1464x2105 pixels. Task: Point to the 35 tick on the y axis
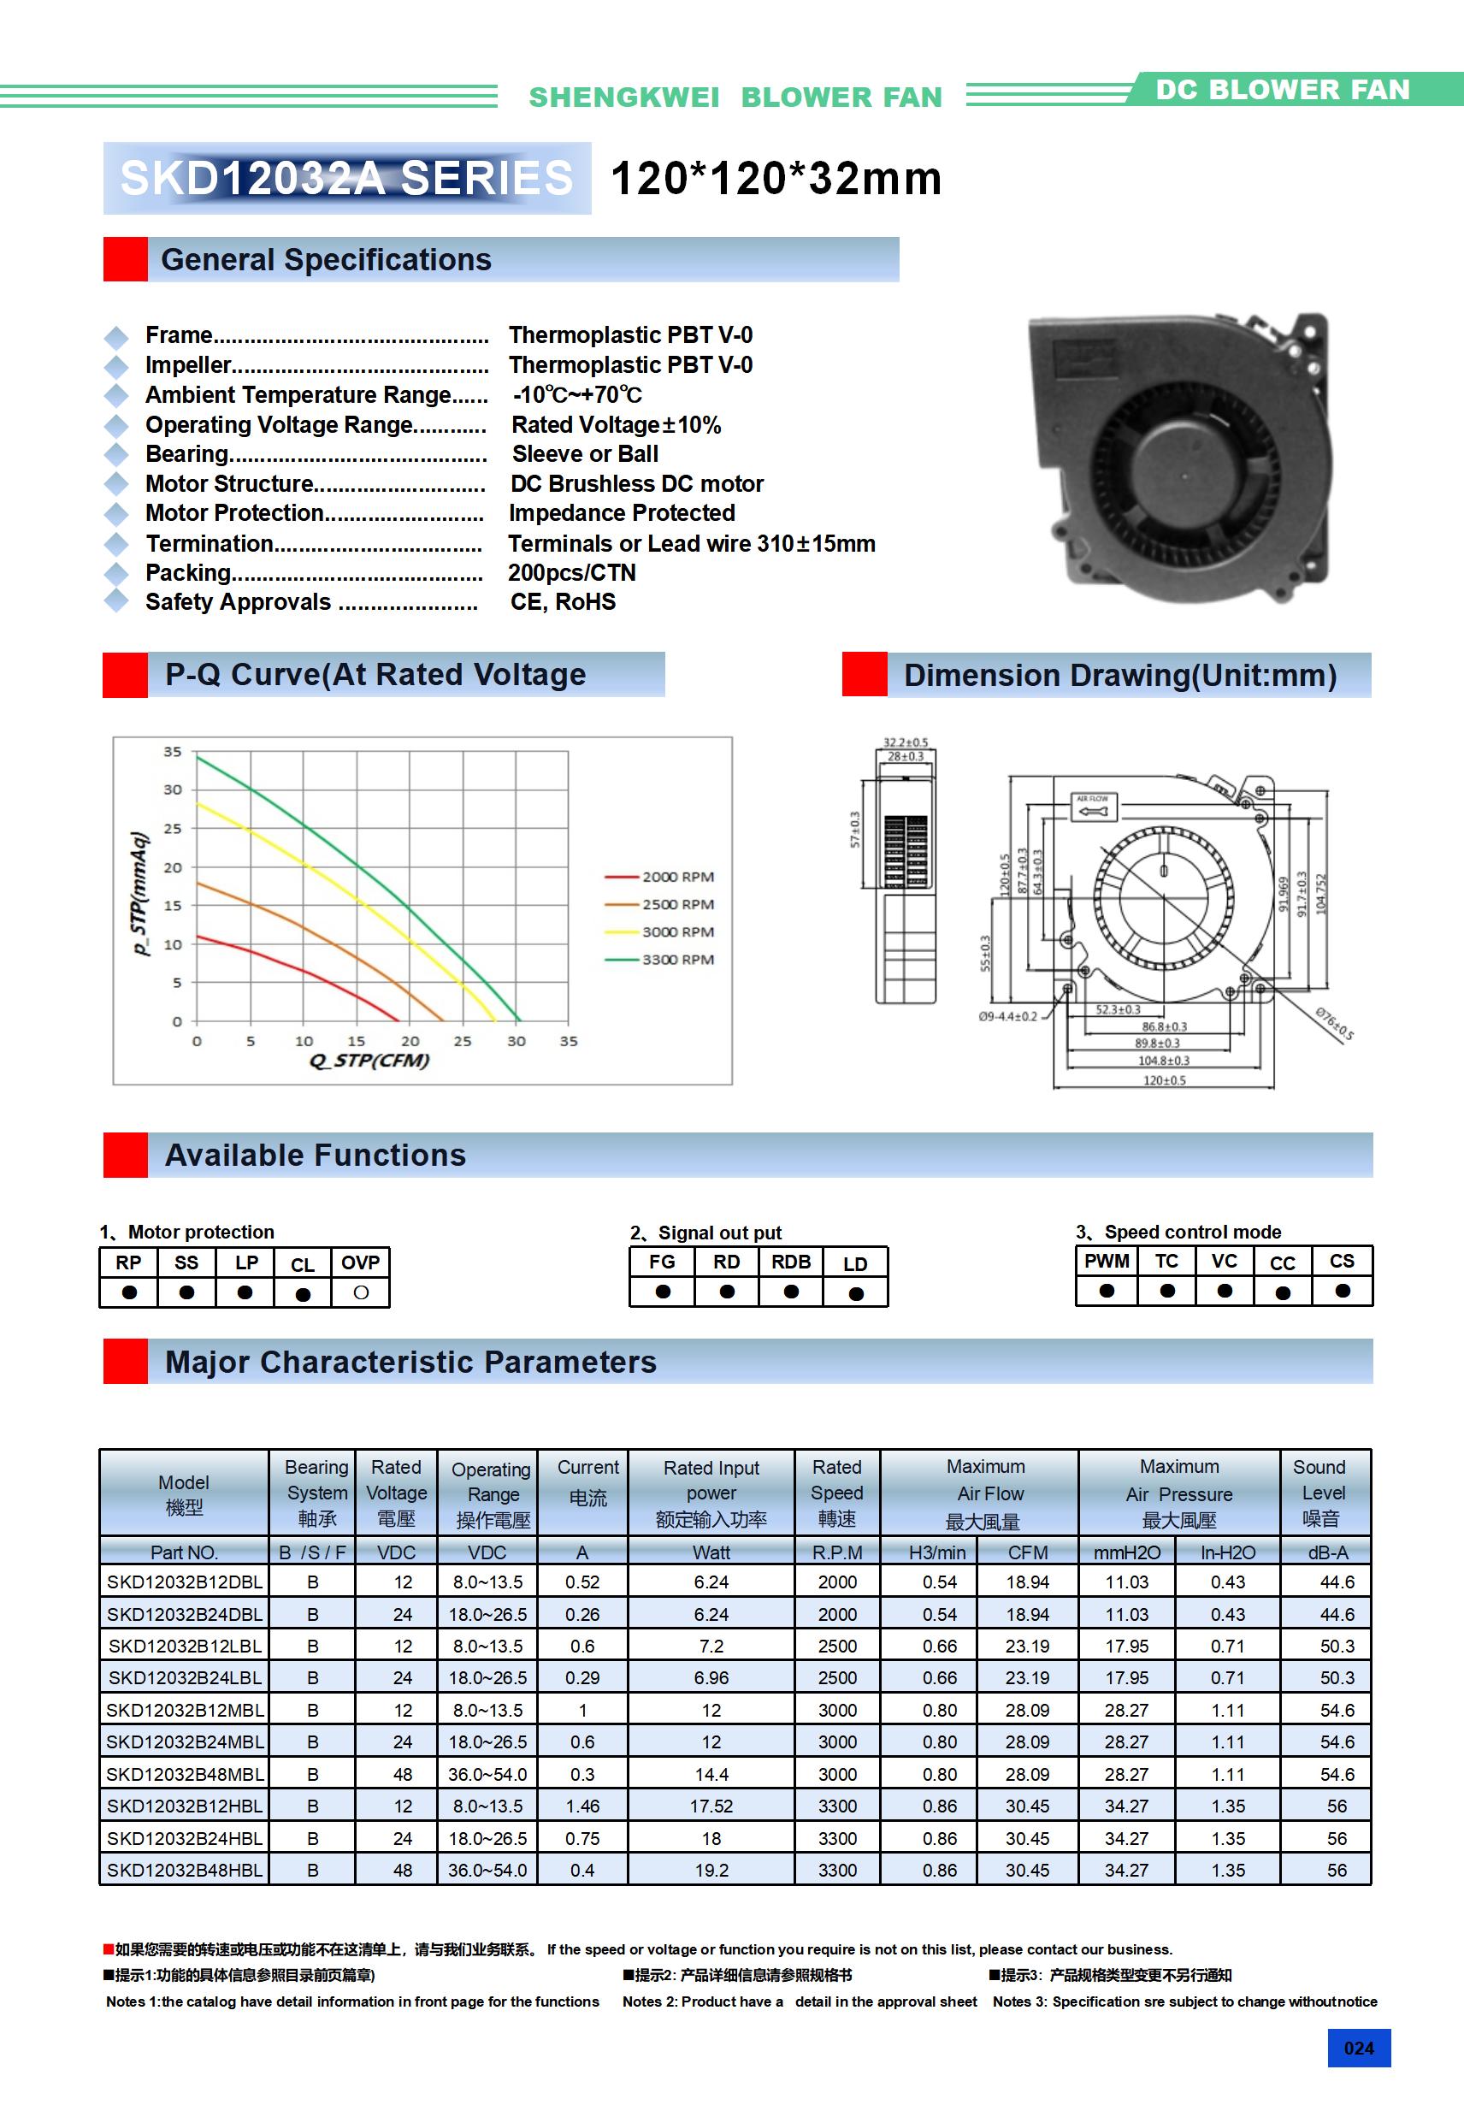(x=173, y=752)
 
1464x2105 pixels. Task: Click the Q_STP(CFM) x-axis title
(x=369, y=1061)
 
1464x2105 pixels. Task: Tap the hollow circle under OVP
(x=361, y=1292)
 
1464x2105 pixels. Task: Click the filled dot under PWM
(x=1107, y=1291)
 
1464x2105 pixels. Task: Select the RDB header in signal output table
(x=790, y=1262)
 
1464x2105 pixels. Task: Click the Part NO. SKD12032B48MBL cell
(x=184, y=1774)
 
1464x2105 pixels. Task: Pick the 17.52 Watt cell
(x=711, y=1806)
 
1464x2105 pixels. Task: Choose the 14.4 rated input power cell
(x=711, y=1774)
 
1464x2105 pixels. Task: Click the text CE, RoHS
(x=563, y=602)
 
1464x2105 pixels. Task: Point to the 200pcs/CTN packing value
(x=572, y=573)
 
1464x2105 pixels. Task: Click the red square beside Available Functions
(x=126, y=1156)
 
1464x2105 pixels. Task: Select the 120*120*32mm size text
(x=776, y=179)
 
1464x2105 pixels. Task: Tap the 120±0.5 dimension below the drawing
(x=1164, y=1081)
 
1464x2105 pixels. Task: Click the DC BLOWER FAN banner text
(x=1282, y=90)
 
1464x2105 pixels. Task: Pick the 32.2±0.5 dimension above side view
(x=905, y=742)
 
